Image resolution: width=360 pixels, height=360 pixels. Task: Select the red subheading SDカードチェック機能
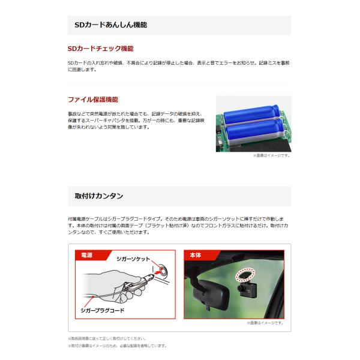point(100,49)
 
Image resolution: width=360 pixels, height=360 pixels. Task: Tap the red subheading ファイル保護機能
point(92,100)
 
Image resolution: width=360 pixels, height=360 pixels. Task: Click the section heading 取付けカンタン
point(100,196)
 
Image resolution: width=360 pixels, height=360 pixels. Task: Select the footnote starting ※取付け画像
point(116,346)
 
